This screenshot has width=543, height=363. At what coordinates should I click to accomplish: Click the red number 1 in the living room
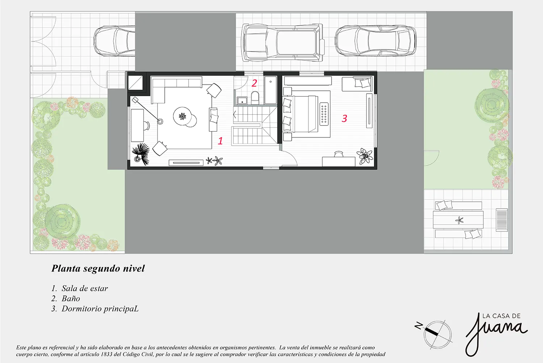click(220, 141)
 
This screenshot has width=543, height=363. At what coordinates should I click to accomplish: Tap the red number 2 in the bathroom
click(254, 83)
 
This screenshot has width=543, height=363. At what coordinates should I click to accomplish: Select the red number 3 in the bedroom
click(345, 118)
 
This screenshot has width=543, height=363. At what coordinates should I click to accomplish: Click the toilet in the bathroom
click(255, 98)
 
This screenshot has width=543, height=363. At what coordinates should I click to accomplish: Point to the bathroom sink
click(242, 101)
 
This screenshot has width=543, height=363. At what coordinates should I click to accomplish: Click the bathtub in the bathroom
click(270, 90)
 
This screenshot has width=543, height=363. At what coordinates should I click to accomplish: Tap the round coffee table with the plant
click(182, 116)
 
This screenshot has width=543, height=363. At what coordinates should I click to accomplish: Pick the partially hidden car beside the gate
click(114, 40)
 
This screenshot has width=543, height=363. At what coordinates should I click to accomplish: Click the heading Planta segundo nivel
click(98, 268)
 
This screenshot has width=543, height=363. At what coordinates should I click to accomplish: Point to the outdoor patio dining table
click(458, 220)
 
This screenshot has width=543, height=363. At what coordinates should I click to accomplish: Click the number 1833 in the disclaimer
click(107, 355)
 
